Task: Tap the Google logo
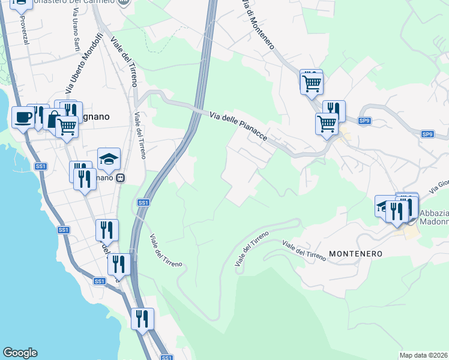point(20,353)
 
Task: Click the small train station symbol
point(121,178)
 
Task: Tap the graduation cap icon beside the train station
point(109,159)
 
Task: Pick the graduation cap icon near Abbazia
point(384,206)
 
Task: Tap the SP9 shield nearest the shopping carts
point(364,121)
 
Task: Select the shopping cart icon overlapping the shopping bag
point(67,127)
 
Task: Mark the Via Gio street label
point(439,186)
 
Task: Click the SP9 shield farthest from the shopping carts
point(427,134)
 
